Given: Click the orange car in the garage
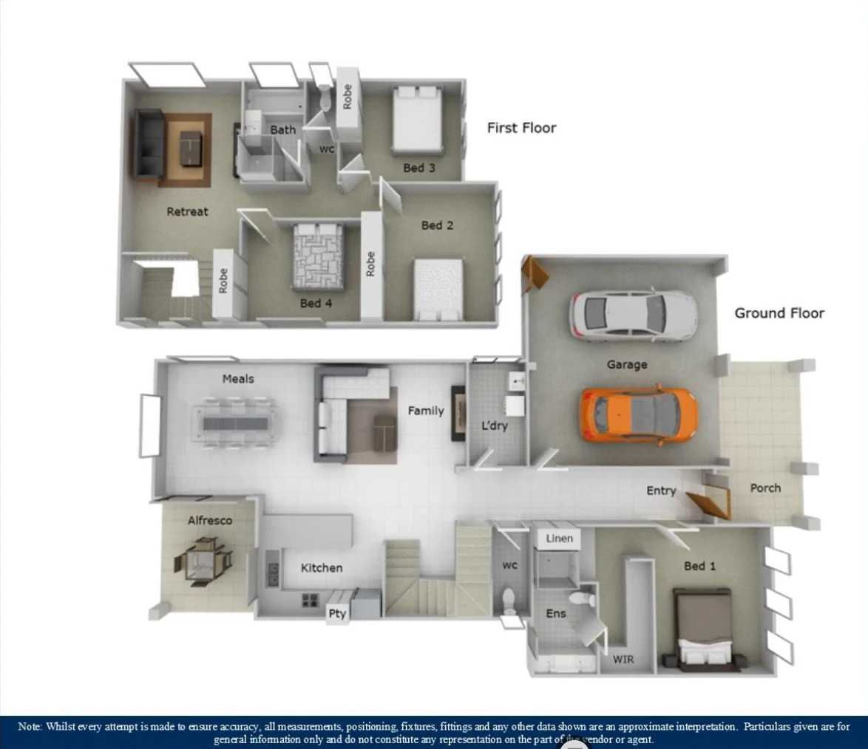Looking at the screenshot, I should coord(638,414).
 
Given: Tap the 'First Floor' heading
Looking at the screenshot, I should coord(521,128).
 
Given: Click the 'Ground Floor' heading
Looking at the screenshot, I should coord(779,313).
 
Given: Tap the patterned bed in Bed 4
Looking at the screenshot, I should coord(319,256).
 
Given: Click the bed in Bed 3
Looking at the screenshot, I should coord(417,120).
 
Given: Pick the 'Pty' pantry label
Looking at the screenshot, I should coord(337,615).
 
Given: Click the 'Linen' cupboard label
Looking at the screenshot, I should coord(559,538).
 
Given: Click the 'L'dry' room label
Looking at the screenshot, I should coord(494,426).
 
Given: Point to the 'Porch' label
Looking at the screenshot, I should coord(765,488).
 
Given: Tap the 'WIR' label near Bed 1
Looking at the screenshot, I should coord(623,659).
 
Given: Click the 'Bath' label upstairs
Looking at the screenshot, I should coord(282,130).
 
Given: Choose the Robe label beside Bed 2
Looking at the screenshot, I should coord(370,264).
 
